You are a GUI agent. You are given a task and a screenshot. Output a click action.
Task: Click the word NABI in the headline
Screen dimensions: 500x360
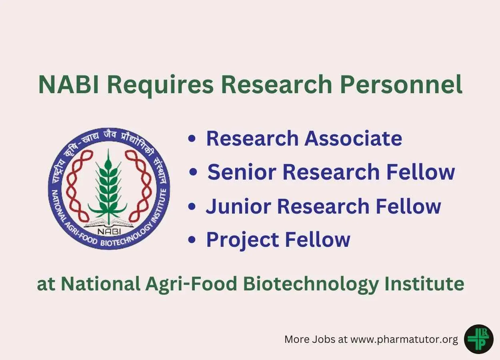point(69,85)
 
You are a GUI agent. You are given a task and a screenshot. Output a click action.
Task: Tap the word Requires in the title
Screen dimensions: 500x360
point(160,86)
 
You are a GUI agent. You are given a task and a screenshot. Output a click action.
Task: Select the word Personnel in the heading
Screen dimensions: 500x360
point(401,84)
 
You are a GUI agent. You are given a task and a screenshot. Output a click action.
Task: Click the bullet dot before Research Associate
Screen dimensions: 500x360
point(192,138)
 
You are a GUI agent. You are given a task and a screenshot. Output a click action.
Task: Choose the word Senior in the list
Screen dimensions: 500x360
point(242,172)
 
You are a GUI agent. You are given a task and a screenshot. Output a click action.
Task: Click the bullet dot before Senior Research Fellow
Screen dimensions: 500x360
point(193,172)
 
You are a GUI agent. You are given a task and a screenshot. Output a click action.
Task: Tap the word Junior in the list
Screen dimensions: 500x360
point(238,206)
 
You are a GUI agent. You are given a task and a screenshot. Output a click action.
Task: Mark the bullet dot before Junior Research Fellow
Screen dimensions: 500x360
point(192,206)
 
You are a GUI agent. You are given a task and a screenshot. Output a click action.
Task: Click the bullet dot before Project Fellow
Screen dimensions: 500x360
point(192,240)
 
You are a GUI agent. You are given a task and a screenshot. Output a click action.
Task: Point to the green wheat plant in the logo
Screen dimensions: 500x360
point(108,188)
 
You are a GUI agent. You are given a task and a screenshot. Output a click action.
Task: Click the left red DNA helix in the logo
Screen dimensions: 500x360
point(78,188)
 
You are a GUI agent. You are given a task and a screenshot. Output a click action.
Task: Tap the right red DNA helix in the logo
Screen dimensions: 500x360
point(139,188)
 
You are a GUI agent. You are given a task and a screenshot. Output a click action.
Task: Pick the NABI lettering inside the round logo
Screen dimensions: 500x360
point(109,232)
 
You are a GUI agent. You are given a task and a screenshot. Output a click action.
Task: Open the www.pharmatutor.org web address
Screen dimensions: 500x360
point(404,340)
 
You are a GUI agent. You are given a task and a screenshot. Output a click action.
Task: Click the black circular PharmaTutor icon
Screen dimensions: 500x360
point(479,339)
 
